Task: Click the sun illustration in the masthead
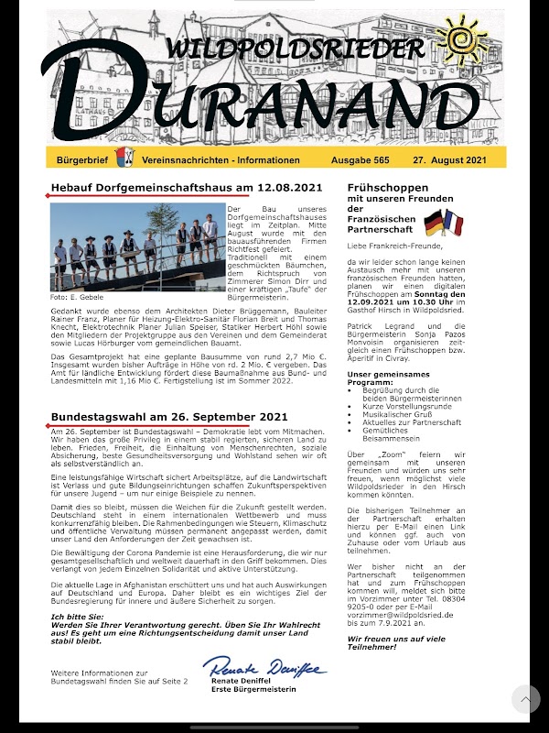(462, 39)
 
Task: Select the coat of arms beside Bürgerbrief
(120, 158)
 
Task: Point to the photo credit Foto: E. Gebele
(77, 297)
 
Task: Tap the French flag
(456, 223)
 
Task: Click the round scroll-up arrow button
(525, 699)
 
